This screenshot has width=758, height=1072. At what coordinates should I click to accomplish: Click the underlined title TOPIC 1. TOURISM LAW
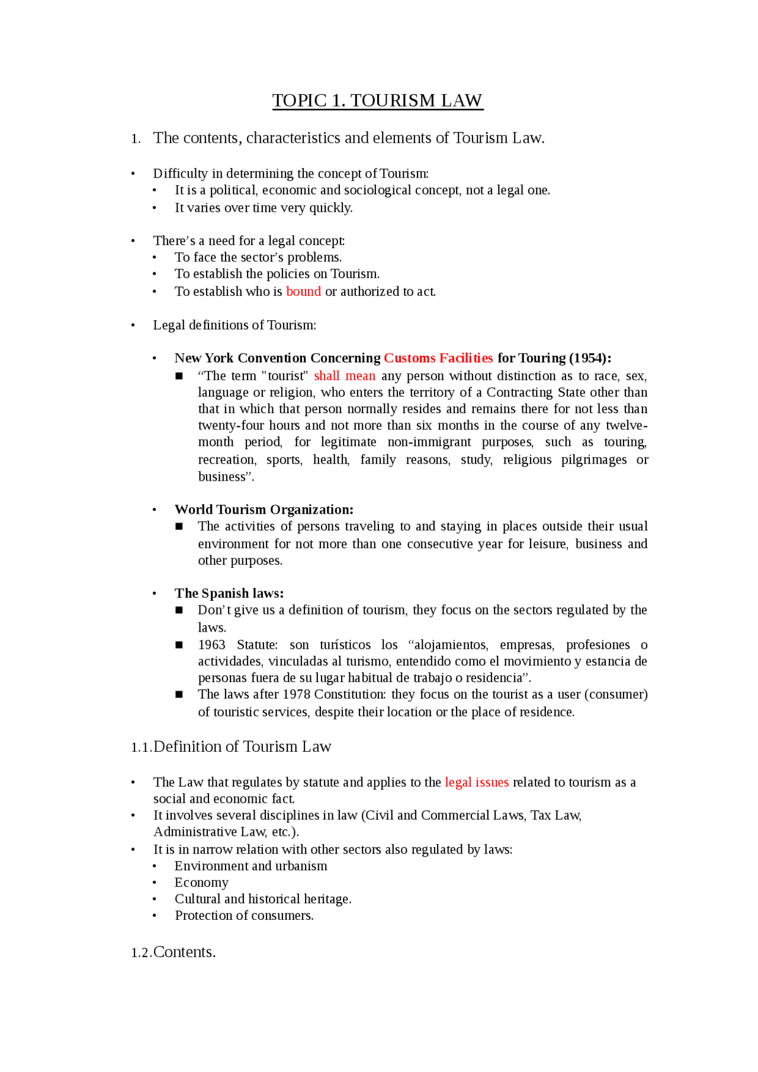click(377, 101)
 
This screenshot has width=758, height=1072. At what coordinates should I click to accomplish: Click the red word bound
click(303, 292)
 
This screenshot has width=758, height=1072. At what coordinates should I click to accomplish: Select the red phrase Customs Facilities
click(438, 358)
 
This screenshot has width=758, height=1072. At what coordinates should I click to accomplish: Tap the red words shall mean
click(344, 376)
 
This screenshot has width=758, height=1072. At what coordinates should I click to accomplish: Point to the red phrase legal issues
click(476, 783)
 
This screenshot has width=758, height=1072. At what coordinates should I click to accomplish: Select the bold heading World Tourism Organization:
click(264, 510)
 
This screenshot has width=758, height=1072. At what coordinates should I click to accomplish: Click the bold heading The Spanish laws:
click(229, 593)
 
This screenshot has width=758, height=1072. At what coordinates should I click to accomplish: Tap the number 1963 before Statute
click(211, 645)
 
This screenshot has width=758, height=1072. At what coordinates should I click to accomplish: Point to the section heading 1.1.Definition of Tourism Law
click(231, 747)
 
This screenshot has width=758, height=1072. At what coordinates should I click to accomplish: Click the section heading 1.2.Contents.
click(174, 952)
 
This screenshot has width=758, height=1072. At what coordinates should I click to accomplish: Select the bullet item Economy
click(201, 883)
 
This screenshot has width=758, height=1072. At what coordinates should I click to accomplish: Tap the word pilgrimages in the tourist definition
click(593, 460)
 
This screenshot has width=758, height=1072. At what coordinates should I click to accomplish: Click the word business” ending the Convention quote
click(225, 477)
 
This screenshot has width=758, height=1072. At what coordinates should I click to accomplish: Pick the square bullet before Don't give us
click(179, 610)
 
